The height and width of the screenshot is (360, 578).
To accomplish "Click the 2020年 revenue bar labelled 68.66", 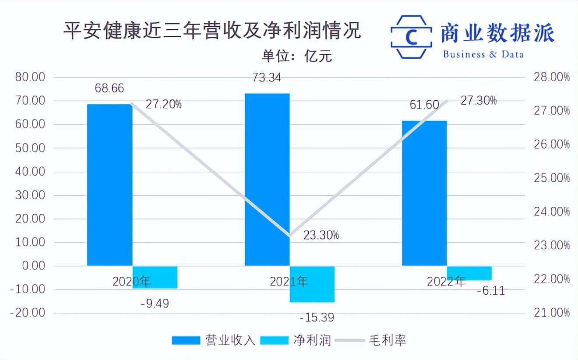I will (109, 184).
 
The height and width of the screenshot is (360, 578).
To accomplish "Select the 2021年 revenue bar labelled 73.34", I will (267, 179).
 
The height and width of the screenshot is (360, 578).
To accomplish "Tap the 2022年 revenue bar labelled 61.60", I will (424, 193).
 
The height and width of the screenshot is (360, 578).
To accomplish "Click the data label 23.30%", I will (321, 235).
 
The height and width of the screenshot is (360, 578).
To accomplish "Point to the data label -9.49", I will (155, 304).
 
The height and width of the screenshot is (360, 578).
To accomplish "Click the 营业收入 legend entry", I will (214, 340).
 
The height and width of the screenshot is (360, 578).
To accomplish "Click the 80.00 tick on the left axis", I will (30, 78).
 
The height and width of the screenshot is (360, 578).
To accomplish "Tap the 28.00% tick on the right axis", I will (551, 78).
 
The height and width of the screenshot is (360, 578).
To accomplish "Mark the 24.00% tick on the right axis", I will (551, 212).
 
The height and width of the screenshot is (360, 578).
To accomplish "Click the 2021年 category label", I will (289, 282).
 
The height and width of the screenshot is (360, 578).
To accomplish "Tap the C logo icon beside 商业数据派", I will (411, 37).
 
